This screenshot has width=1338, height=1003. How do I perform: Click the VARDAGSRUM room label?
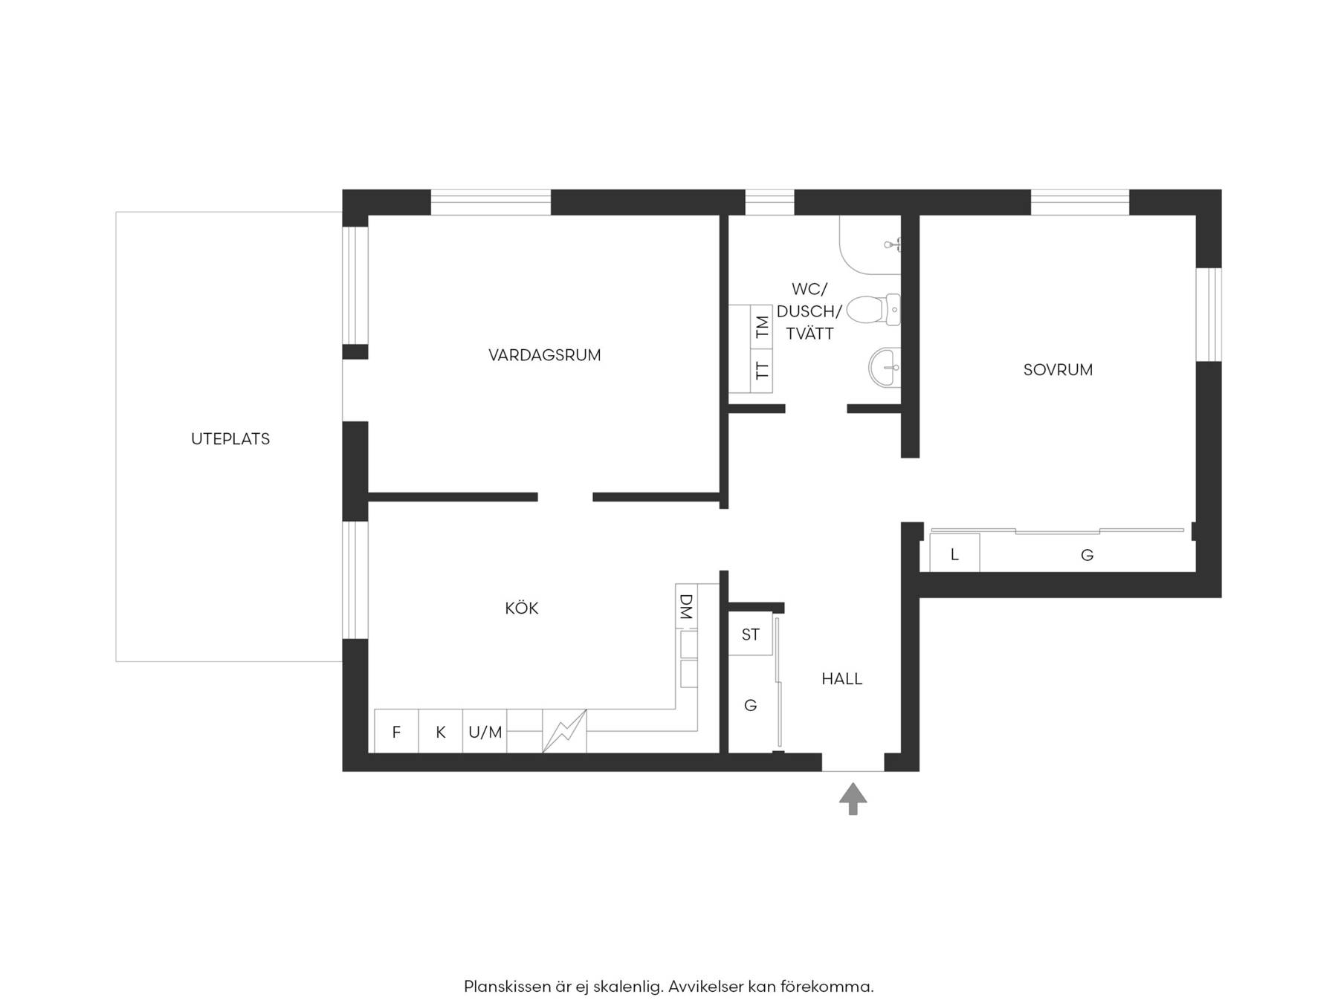pos(544,355)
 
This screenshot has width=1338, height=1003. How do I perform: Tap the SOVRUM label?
pos(1058,370)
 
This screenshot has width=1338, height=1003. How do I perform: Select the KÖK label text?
pos(522,608)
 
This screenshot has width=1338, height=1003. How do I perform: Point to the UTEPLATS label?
pos(230,439)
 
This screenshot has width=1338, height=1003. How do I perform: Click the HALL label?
pos(842,679)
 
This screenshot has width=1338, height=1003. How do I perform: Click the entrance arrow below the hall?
pos(853,799)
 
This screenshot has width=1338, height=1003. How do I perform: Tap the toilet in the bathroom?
pos(873,310)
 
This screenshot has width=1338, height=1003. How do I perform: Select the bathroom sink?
pos(885,367)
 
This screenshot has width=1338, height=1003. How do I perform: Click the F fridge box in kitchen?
pos(396,732)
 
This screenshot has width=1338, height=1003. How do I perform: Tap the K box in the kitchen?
pos(441,732)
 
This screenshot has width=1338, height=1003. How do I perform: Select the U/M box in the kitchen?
pos(485,732)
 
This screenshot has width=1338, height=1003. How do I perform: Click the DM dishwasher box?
pos(687,607)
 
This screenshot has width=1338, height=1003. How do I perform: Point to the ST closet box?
pos(751,634)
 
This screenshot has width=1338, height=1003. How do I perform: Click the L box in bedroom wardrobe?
pos(954,554)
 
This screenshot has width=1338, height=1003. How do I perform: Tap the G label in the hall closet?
pos(751,705)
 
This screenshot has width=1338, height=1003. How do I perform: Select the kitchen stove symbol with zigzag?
pos(565,732)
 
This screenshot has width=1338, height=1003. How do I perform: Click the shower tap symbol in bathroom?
pos(893,244)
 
